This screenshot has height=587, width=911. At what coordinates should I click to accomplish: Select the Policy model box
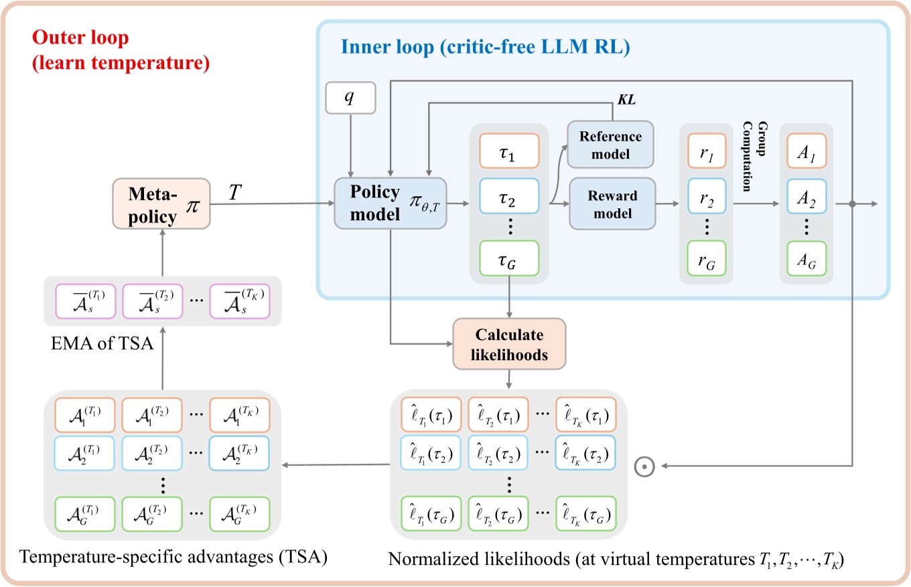(391, 202)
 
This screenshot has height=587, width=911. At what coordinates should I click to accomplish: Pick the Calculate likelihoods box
(510, 345)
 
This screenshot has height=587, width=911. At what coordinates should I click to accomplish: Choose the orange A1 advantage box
(807, 158)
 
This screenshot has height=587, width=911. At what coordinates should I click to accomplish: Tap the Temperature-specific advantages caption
(173, 556)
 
